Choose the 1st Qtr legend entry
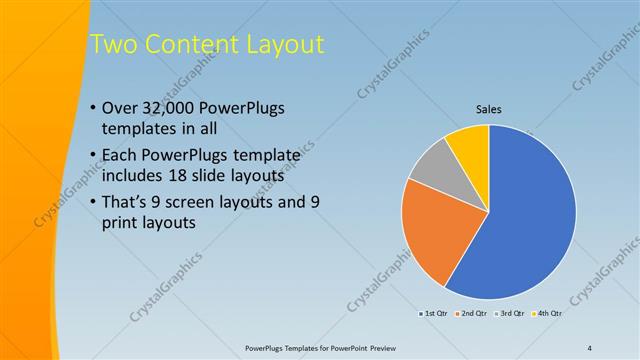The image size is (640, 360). (432, 314)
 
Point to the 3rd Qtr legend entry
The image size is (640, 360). (510, 314)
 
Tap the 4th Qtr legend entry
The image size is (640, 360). (548, 314)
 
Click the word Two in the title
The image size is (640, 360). (112, 45)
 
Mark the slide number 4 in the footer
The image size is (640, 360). (590, 348)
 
